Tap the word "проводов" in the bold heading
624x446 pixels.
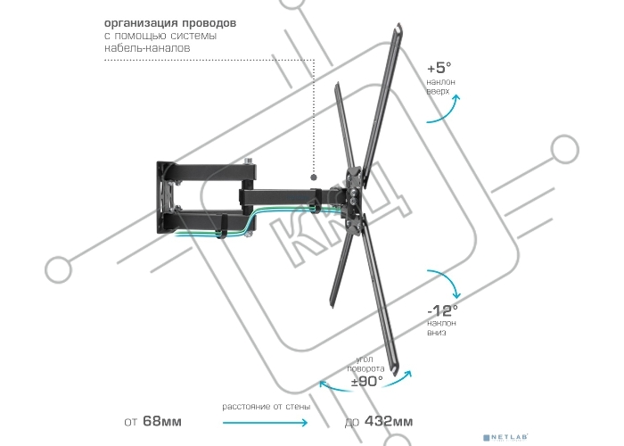coord(208,23)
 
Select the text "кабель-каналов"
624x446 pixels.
coord(147,48)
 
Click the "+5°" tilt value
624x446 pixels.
coord(439,68)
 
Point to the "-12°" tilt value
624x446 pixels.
coord(442,310)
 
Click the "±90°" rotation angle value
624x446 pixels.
coord(367,381)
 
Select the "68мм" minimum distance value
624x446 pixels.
coord(162,421)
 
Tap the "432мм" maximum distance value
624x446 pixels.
coord(389,421)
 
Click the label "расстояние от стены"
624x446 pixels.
coord(267,407)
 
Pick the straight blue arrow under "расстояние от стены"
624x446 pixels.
coord(265,422)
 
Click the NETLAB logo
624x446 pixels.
coord(506,438)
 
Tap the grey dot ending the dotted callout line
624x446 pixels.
coord(314,178)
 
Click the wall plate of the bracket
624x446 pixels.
coord(167,197)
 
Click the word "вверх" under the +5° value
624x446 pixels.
coord(438,92)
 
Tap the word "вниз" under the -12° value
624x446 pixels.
coord(437,333)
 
